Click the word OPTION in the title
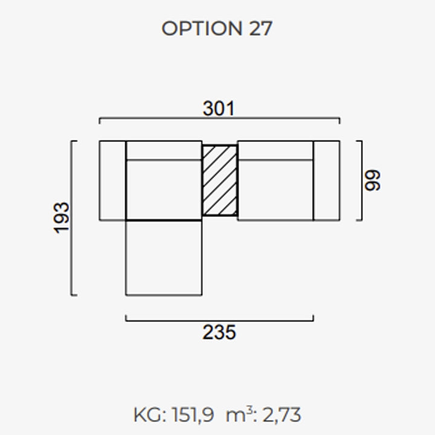tap(202, 28)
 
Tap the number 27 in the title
tap(261, 28)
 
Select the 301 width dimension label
tap(219, 108)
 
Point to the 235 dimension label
tap(219, 332)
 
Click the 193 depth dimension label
tap(61, 218)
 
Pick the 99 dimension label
tap(372, 180)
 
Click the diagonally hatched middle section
tap(220, 180)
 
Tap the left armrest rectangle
tap(112, 181)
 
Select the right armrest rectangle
tap(327, 181)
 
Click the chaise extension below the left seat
tap(164, 258)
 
